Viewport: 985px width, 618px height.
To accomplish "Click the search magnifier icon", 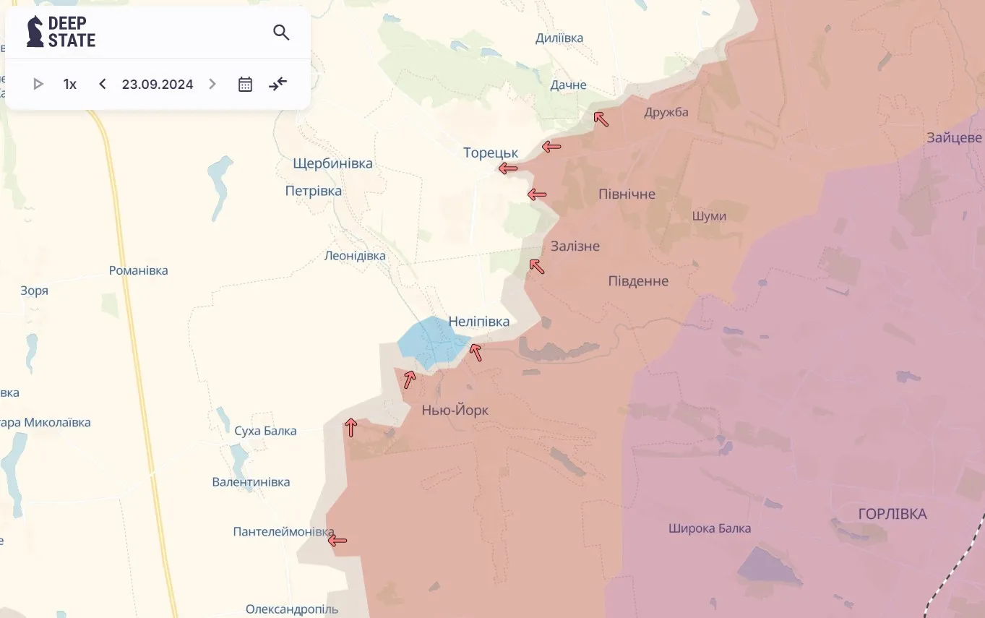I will (281, 33).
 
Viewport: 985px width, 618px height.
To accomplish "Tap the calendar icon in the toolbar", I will (245, 84).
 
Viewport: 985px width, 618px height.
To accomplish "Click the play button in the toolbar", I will (38, 84).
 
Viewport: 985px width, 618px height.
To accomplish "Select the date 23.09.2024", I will (158, 84).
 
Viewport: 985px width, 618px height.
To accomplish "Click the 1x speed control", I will (69, 84).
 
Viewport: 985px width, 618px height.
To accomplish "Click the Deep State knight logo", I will (35, 32).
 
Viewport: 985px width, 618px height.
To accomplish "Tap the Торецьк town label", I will (491, 153).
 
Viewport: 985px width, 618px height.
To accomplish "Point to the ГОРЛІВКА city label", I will (892, 514).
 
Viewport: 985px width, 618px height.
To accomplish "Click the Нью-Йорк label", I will (455, 411).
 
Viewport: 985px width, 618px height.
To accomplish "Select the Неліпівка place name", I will (478, 322).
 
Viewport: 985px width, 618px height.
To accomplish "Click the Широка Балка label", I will (709, 528).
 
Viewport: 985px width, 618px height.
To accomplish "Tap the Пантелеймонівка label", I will (283, 532).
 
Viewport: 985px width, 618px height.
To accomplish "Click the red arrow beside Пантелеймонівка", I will (337, 540).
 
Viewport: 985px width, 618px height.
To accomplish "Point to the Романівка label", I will (138, 271).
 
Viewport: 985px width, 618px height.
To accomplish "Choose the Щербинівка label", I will (332, 163).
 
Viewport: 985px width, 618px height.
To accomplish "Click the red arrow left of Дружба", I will (601, 119).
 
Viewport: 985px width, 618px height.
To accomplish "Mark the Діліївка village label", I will (559, 38).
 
